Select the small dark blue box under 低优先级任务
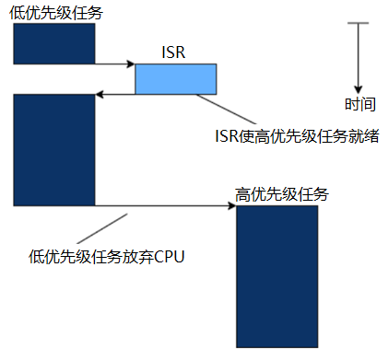(54, 43)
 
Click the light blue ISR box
(176, 79)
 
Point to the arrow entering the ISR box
(115, 64)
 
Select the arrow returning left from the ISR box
(115, 94)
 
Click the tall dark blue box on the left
(54, 149)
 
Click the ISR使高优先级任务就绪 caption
(297, 136)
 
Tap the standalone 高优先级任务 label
(282, 194)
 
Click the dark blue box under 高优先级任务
(277, 276)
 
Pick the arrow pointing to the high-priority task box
(166, 205)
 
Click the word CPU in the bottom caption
(170, 255)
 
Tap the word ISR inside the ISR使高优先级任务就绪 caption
(227, 136)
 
